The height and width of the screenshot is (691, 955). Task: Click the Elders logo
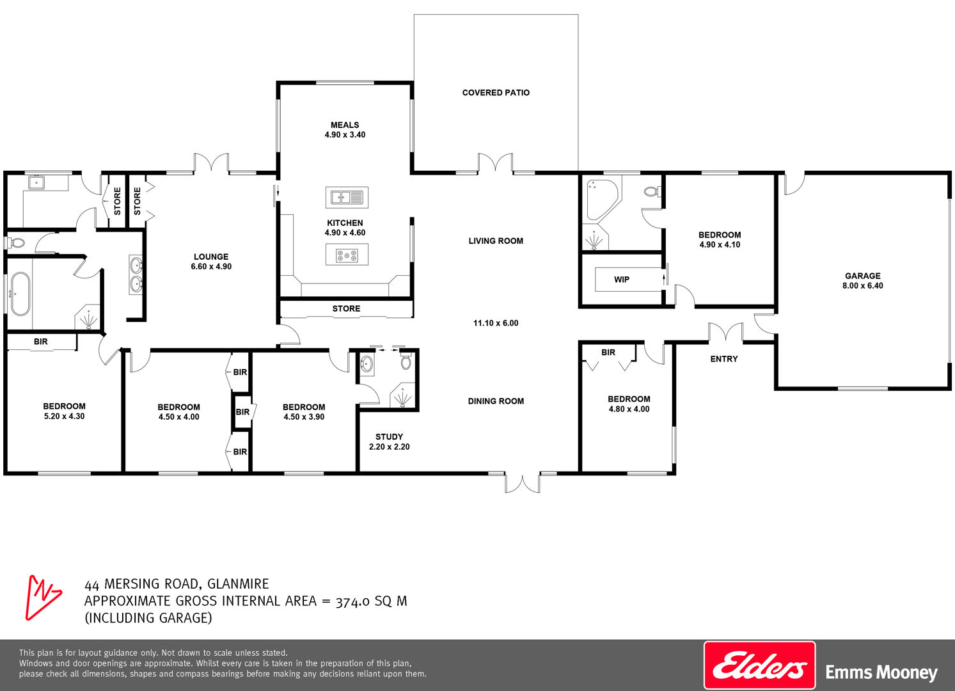[759, 665]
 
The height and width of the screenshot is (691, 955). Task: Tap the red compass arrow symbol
[42, 597]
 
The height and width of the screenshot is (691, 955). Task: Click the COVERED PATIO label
[496, 93]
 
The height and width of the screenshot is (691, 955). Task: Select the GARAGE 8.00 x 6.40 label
[862, 281]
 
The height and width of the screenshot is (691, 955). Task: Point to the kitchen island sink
[347, 197]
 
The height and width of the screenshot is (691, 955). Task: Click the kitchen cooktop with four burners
[347, 255]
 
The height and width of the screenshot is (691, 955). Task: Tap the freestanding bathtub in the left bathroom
[20, 294]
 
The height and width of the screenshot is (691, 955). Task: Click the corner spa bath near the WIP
[601, 199]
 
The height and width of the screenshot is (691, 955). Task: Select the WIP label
[622, 280]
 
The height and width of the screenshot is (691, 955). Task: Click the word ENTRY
[724, 359]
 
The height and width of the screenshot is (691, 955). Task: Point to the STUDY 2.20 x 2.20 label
[390, 441]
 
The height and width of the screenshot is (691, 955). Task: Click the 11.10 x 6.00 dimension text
[496, 323]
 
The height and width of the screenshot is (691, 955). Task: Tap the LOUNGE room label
[211, 257]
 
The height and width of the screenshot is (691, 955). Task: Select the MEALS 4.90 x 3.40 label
[345, 130]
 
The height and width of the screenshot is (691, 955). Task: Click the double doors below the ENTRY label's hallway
[725, 333]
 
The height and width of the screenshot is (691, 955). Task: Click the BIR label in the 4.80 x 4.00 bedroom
[608, 353]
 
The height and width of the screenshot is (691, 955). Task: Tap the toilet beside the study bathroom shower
[406, 361]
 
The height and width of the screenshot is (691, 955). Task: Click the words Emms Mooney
[881, 672]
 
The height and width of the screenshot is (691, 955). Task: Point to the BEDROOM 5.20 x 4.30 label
[65, 411]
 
